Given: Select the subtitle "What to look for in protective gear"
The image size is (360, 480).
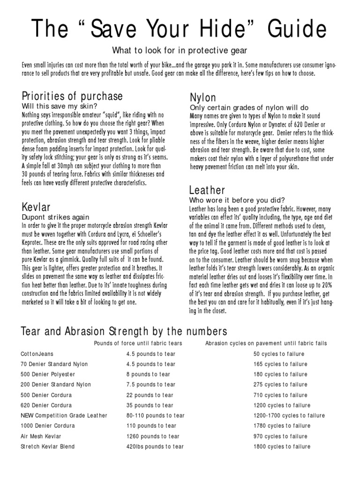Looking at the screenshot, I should coord(179,50).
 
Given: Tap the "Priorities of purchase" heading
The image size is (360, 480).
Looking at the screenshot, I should coord(72,96).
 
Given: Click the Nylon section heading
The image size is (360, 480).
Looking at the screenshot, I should coord(203,97).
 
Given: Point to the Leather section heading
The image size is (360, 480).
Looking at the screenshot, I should coord(207,190).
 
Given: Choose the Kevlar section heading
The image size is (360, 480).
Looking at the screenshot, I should coord(36,207).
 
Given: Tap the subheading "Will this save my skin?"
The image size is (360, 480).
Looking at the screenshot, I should coord(60,106).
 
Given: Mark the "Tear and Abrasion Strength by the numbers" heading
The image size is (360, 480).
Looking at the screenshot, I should coord(124,332).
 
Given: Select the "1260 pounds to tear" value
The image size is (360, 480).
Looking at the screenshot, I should coord(153,436).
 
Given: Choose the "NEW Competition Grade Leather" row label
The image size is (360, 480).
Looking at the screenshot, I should coord(64,416).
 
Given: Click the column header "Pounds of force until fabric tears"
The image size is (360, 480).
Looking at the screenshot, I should coord(138,343).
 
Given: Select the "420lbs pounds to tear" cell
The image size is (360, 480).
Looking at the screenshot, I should coord(155,447).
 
